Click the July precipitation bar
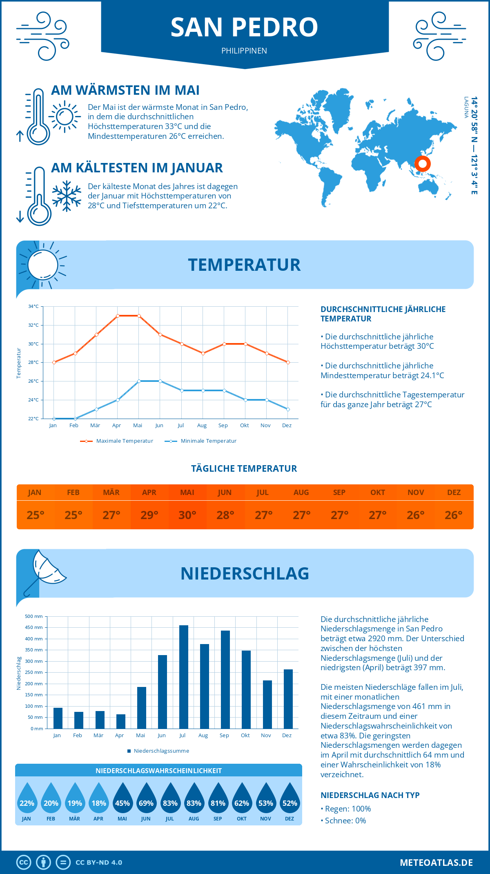(x=184, y=677)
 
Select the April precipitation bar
(x=121, y=721)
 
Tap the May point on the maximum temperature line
(x=139, y=316)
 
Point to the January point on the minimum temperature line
(x=54, y=419)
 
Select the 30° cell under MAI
(x=187, y=515)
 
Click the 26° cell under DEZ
(x=454, y=515)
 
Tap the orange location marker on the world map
(x=423, y=164)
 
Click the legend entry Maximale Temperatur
(x=125, y=441)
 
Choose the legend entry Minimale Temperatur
(x=208, y=441)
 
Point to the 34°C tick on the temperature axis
(x=33, y=306)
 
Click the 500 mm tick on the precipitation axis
(x=34, y=616)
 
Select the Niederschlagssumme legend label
(x=161, y=751)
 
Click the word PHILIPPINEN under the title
(x=244, y=51)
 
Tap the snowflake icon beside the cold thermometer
(x=67, y=196)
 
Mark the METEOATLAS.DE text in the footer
(x=436, y=863)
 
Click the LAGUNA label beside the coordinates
(x=466, y=107)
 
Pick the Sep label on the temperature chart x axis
(x=223, y=426)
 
